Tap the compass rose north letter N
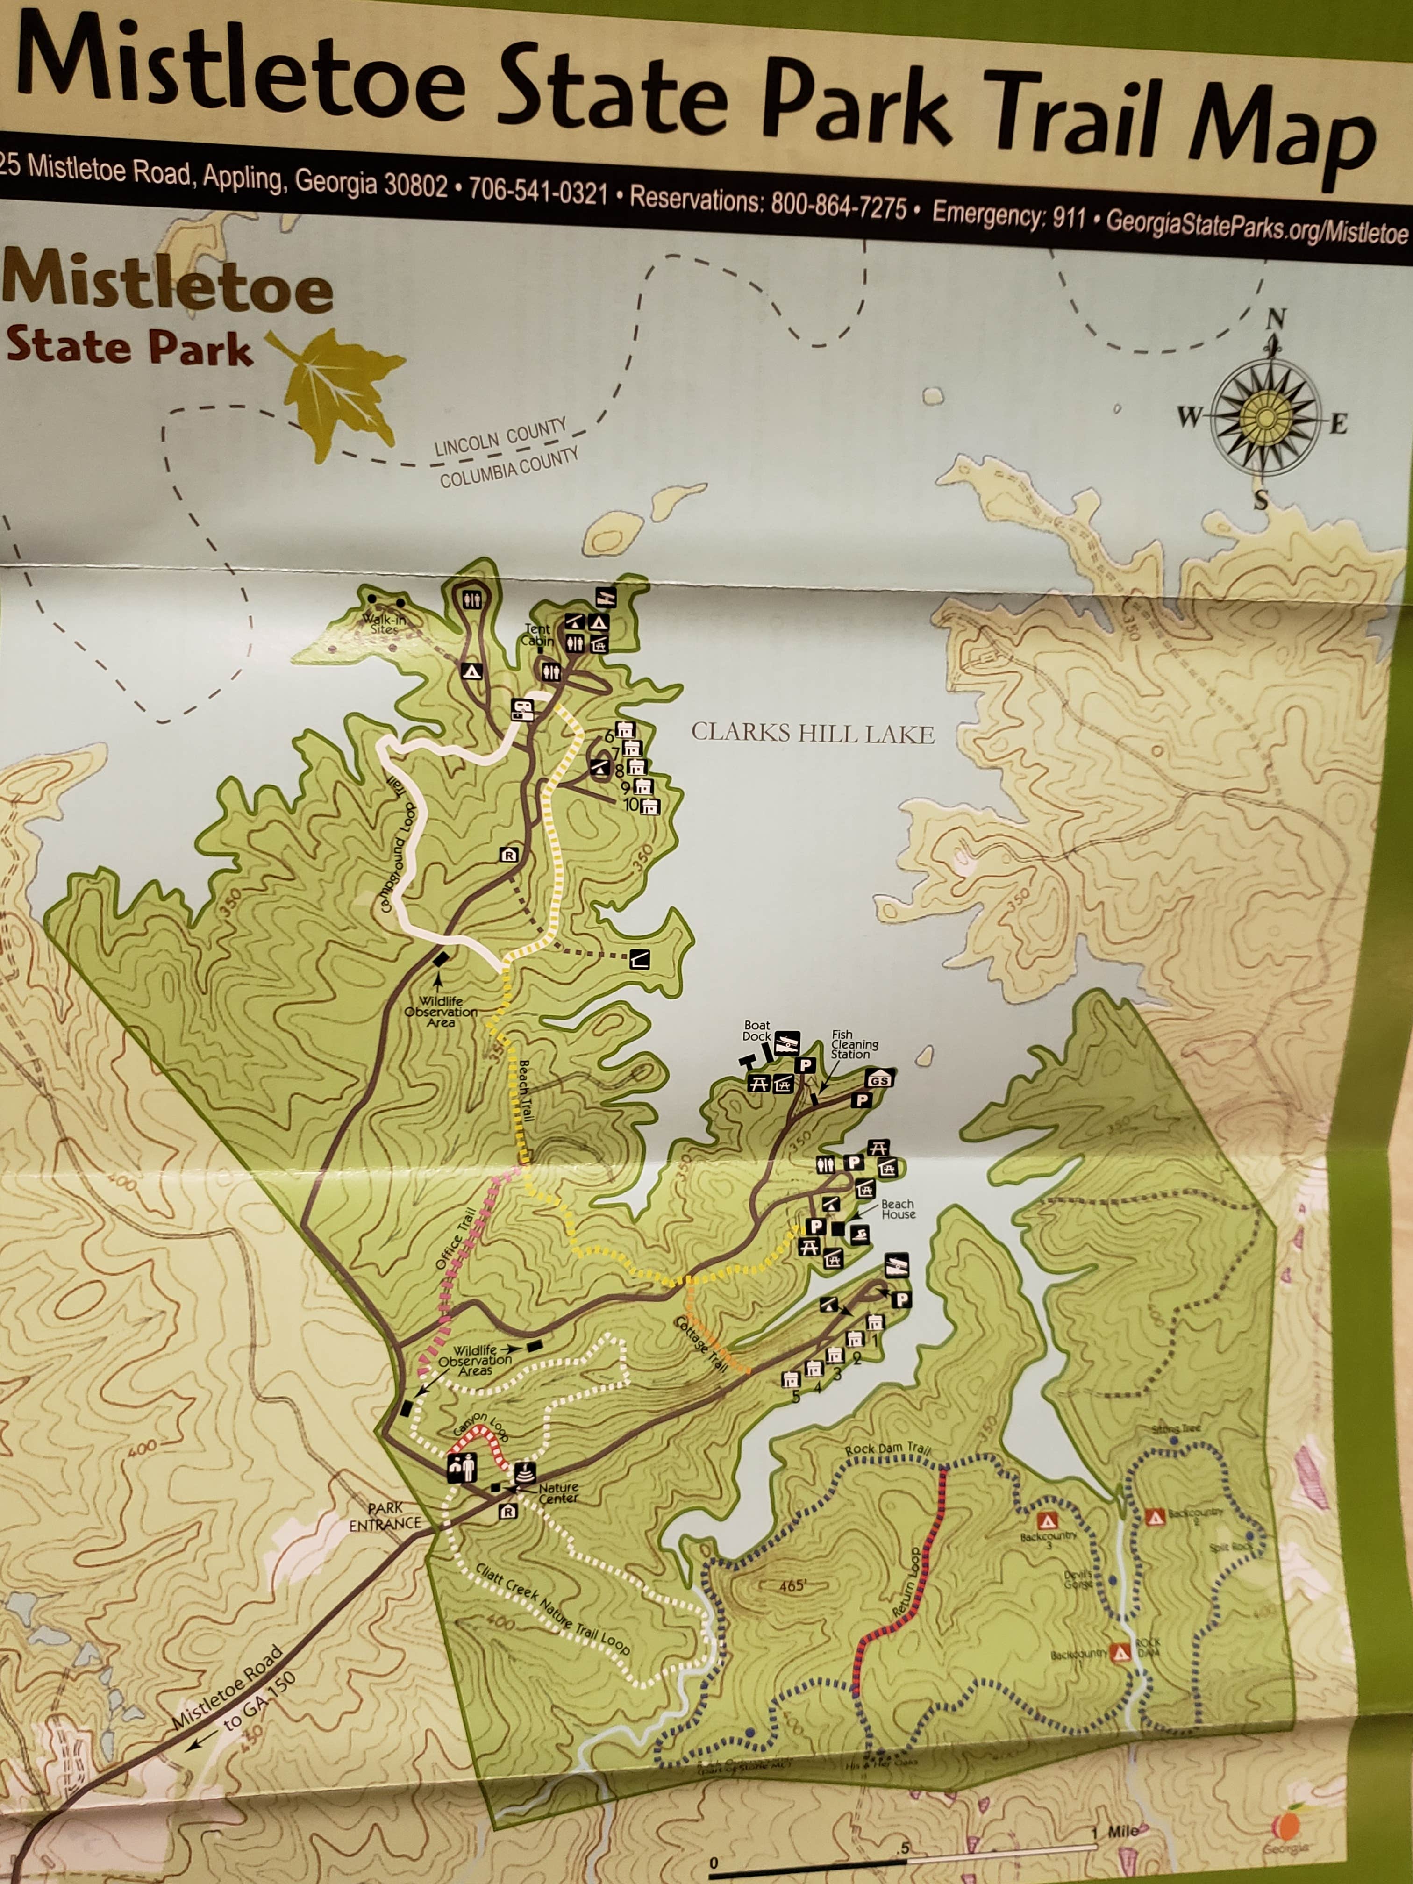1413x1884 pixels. (x=1275, y=320)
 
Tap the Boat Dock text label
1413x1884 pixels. (x=756, y=1031)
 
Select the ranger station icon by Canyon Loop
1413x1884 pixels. (x=463, y=1467)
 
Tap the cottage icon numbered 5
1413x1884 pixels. (x=791, y=1377)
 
